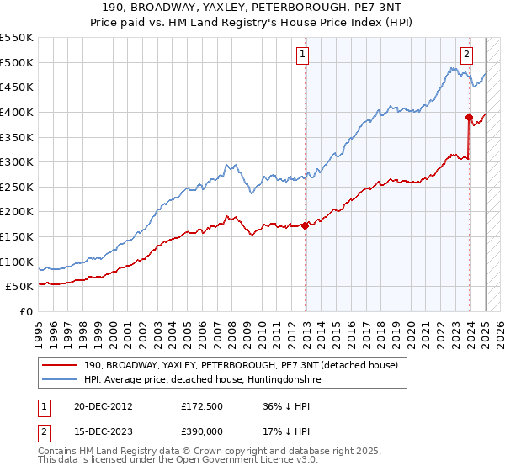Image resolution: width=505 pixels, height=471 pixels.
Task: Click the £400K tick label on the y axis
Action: point(17,112)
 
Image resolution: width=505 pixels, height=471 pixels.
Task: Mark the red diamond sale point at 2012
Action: point(306,225)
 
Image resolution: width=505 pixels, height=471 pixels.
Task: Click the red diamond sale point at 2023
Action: point(469,117)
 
